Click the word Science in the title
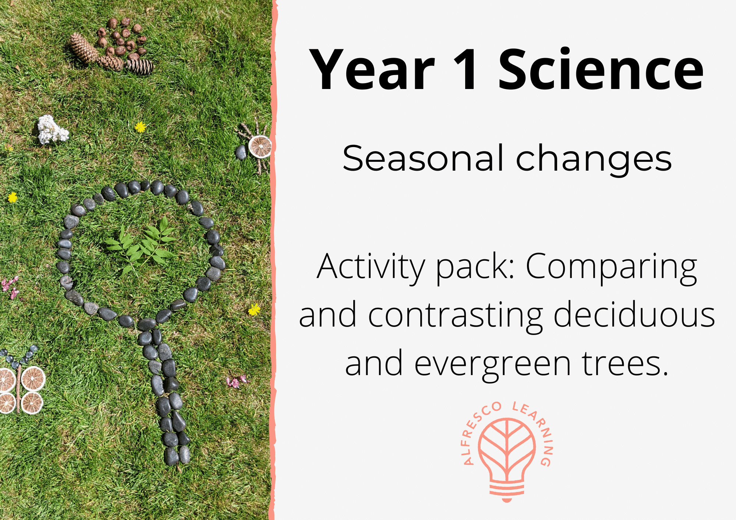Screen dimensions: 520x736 pyautogui.click(x=601, y=70)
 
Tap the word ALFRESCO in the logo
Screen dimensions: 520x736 pyautogui.click(x=478, y=430)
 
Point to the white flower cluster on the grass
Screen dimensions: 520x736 pyautogui.click(x=52, y=129)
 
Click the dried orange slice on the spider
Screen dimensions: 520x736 pyautogui.click(x=260, y=146)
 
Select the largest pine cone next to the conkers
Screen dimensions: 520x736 pyautogui.click(x=84, y=49)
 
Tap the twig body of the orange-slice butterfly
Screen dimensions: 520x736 pyautogui.click(x=18, y=388)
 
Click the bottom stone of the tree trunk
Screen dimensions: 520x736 pyautogui.click(x=172, y=456)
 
